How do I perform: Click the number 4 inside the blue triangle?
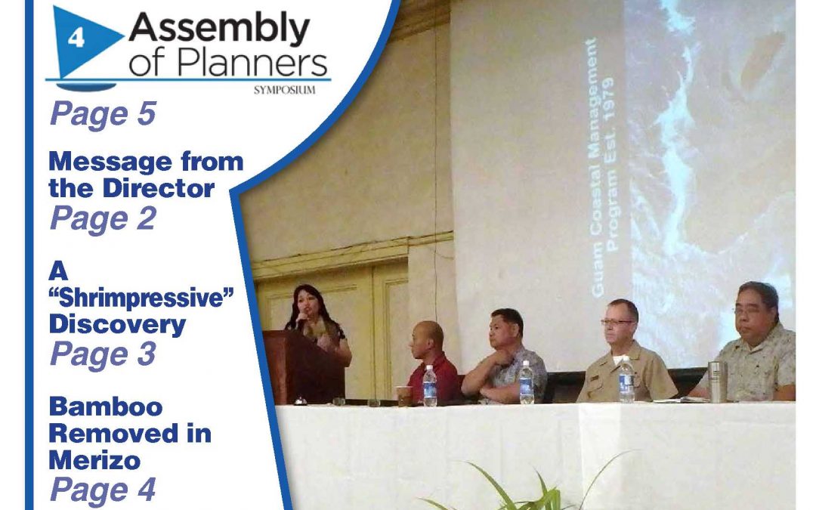coord(76,38)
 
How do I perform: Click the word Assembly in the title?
coord(219,30)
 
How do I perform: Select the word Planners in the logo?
coord(252,63)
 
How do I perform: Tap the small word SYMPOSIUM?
coord(285,90)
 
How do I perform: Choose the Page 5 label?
coord(103,114)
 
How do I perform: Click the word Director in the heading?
coord(159,188)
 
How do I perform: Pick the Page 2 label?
coord(103,218)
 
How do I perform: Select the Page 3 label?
coord(103,354)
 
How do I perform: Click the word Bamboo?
coord(106,407)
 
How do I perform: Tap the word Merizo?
coord(94,461)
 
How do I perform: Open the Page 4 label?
coord(103,490)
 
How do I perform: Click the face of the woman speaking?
coord(306,304)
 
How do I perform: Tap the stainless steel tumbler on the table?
coord(718,382)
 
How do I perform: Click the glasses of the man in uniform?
coord(617,322)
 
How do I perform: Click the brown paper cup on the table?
coord(403,395)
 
